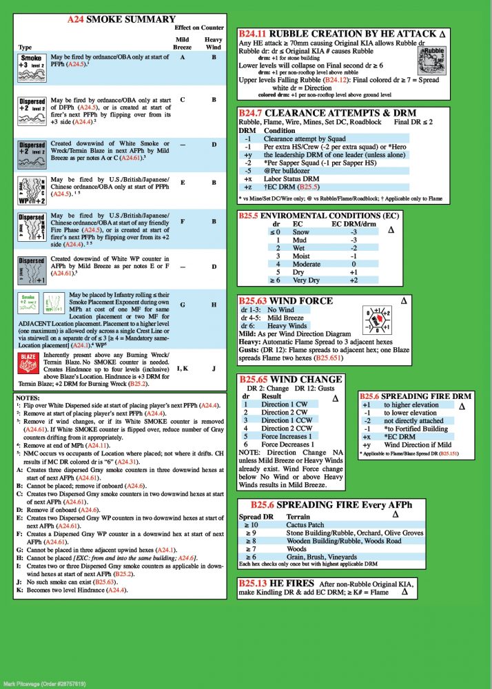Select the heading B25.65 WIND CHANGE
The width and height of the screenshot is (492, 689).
click(290, 379)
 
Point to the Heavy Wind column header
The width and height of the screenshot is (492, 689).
click(214, 43)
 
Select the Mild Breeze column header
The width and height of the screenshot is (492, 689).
click(182, 43)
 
